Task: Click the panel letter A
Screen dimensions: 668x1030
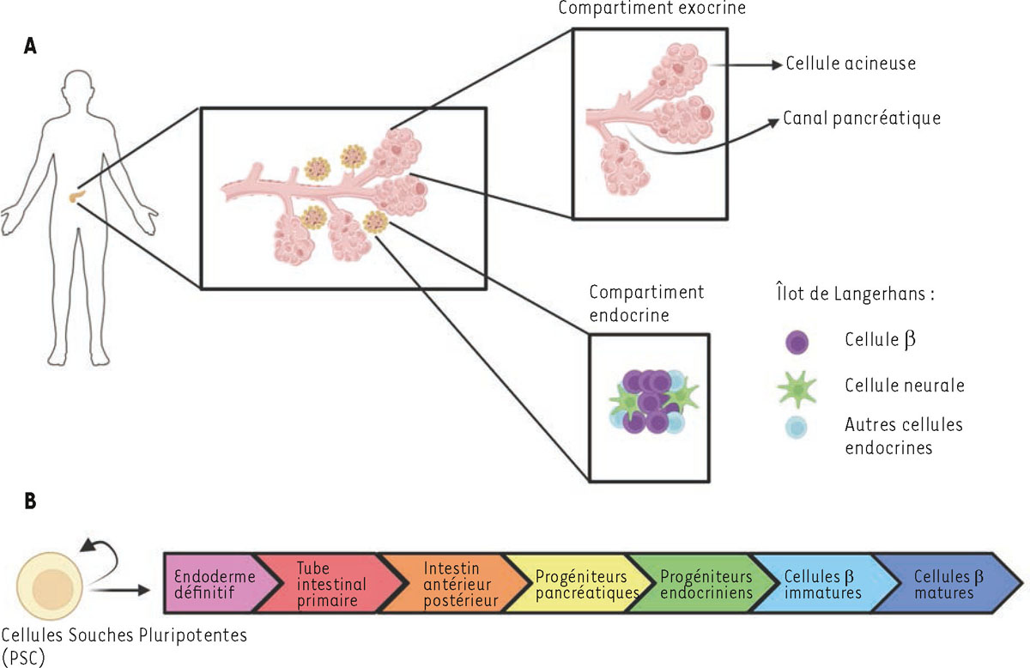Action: coord(30,48)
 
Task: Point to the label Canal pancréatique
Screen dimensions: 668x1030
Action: coord(861,118)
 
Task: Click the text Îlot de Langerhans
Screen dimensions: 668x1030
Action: coord(846,294)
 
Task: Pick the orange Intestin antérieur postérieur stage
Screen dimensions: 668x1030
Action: coord(451,584)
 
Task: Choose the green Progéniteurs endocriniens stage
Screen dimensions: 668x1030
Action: coord(704,584)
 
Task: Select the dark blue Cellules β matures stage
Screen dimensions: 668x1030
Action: coord(944,584)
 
